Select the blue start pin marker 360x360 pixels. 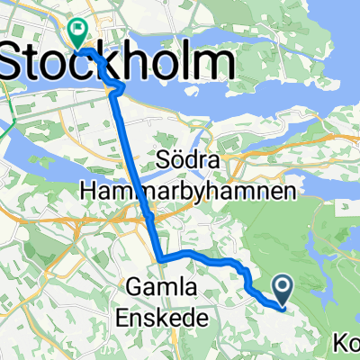click(x=282, y=290)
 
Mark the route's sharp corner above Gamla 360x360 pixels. click(x=161, y=259)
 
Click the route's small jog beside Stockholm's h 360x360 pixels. click(x=118, y=86)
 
